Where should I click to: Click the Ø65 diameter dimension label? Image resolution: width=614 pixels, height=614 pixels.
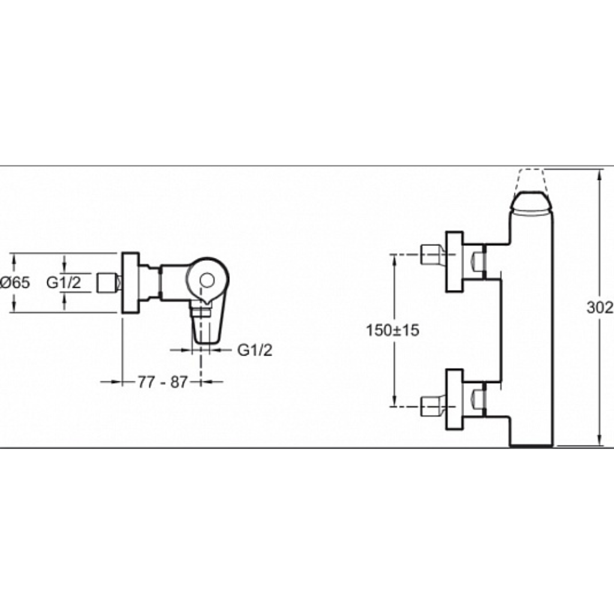click(x=15, y=283)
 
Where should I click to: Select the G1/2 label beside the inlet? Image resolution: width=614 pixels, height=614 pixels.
click(x=64, y=282)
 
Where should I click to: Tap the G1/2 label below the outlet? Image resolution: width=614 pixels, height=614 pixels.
click(x=254, y=350)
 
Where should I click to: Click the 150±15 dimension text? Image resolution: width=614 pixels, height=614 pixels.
click(x=392, y=330)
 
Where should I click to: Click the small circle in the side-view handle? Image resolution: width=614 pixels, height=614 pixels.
click(x=207, y=281)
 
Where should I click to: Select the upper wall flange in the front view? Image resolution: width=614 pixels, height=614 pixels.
click(x=455, y=261)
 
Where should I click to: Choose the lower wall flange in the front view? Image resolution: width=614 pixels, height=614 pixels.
click(x=455, y=399)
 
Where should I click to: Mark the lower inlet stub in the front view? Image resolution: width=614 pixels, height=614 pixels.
click(x=433, y=406)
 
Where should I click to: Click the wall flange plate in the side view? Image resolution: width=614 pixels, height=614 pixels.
click(x=131, y=283)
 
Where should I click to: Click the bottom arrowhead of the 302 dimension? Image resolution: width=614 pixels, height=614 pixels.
click(x=599, y=440)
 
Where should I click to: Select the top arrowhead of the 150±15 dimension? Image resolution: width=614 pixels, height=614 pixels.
click(x=395, y=260)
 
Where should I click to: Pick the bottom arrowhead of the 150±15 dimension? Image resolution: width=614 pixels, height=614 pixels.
click(x=395, y=401)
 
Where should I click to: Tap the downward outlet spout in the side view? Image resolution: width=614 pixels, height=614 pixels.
click(x=201, y=325)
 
